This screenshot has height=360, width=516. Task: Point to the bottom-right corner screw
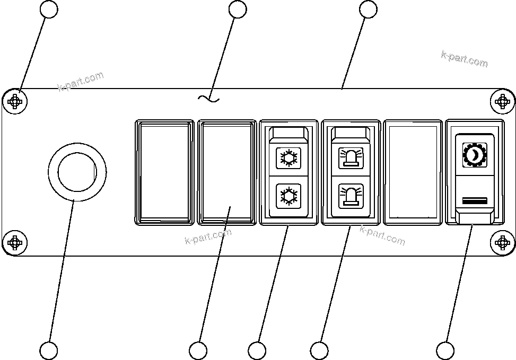502,243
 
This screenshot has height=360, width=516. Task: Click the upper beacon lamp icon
350,157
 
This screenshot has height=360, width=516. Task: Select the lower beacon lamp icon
350,195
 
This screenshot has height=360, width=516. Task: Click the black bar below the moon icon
475,200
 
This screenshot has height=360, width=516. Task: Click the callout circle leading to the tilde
237,9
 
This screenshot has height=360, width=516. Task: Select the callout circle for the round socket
49,350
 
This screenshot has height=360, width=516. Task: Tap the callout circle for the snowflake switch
257,350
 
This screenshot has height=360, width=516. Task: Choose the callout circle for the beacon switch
319,350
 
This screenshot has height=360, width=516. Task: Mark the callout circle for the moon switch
445,350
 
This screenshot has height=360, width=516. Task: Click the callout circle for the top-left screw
49,9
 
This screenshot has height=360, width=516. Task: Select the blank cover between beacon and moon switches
413,172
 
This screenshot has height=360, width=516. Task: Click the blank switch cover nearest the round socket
164,172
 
